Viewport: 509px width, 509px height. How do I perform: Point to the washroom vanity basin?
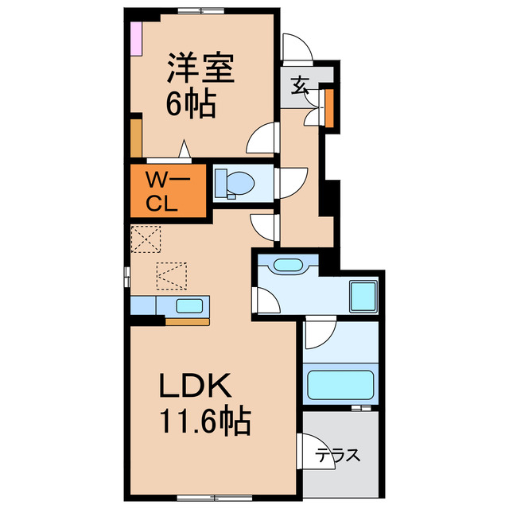tap(284, 266)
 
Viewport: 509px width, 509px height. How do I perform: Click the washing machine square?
tap(363, 297)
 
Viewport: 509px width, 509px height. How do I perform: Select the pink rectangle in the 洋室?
tap(137, 38)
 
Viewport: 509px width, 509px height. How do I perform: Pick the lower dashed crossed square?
tap(171, 275)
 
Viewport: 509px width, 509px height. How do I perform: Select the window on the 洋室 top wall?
tap(200, 10)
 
